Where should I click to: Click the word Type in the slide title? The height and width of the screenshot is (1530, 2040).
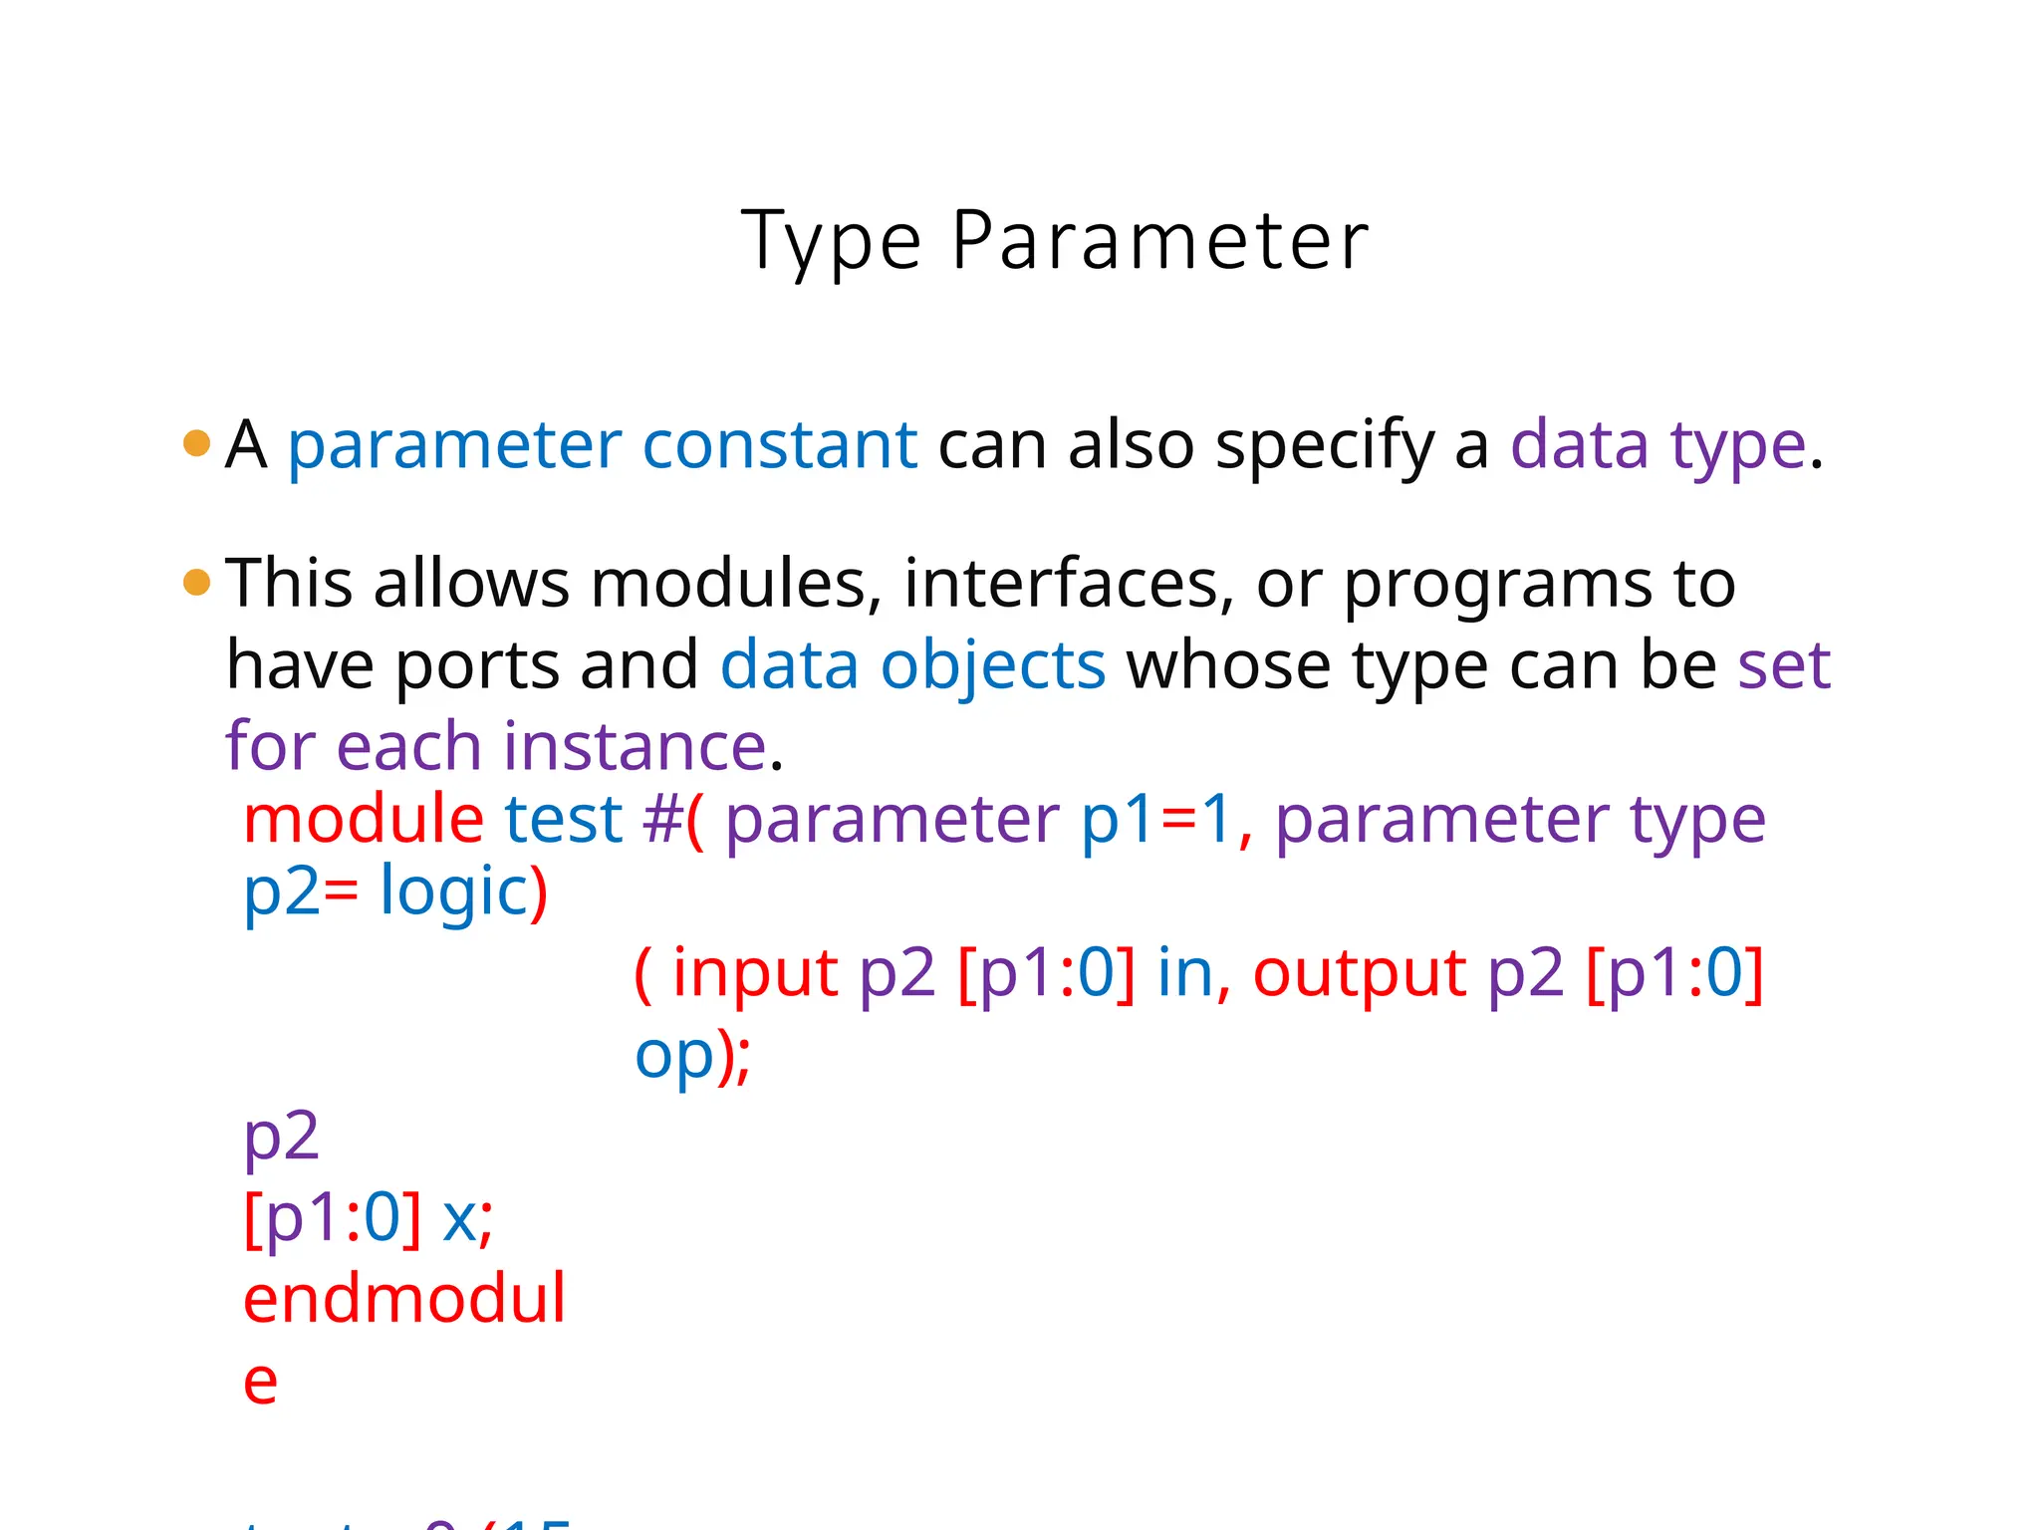click(831, 242)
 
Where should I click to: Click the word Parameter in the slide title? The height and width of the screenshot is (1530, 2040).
click(1159, 242)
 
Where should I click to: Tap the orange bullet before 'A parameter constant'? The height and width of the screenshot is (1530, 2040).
click(197, 443)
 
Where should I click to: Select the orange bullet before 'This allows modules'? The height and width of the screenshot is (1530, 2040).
click(197, 582)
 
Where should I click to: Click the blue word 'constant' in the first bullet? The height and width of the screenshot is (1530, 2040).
click(779, 445)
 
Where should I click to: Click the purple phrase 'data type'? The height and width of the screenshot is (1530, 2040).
click(1657, 445)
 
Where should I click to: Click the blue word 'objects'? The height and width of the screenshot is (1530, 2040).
click(992, 665)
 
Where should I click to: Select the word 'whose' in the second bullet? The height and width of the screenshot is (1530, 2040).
click(1229, 665)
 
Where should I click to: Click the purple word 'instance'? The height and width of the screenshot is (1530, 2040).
click(634, 747)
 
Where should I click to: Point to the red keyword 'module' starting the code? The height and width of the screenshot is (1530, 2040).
click(364, 820)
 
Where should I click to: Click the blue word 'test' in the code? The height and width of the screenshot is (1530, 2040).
click(564, 820)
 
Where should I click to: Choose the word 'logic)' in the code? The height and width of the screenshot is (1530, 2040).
click(464, 892)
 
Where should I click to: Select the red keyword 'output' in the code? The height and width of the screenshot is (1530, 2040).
click(1359, 973)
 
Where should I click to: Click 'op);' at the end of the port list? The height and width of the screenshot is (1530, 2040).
click(693, 1057)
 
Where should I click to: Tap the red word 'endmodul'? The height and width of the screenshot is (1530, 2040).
click(404, 1299)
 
